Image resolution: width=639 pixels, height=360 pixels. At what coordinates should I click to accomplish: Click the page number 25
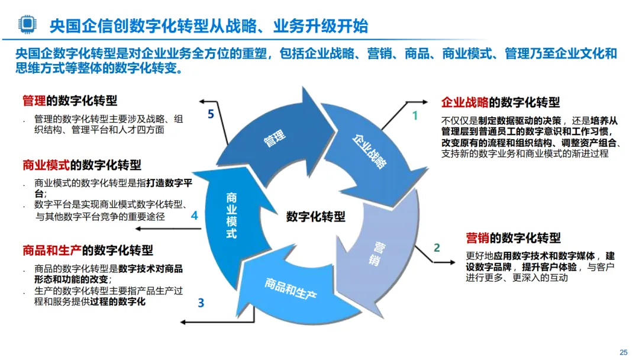(x=623, y=352)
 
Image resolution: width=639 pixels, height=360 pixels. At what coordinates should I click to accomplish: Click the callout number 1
(x=415, y=116)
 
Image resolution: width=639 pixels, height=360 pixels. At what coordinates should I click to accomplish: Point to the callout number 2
(x=437, y=247)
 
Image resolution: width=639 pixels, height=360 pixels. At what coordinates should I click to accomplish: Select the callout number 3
(x=201, y=304)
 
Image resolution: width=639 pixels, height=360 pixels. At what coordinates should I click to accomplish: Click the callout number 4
(x=194, y=216)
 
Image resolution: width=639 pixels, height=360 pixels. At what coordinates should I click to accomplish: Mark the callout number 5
(x=211, y=115)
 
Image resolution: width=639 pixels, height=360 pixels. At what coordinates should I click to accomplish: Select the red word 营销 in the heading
(x=477, y=238)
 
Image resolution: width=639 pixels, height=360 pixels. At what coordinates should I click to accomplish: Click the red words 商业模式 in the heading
(x=46, y=165)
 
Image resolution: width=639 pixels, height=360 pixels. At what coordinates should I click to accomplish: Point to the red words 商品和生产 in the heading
(x=52, y=250)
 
